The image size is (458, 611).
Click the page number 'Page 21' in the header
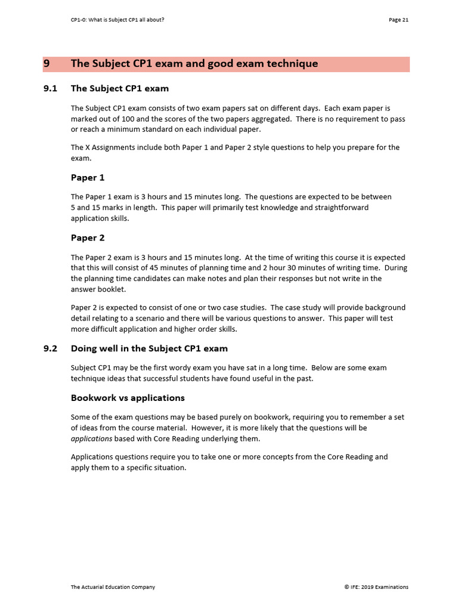click(x=398, y=20)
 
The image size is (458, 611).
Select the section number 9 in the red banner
click(x=47, y=64)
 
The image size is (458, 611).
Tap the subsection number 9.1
click(x=50, y=88)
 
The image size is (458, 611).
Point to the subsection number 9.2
click(x=50, y=348)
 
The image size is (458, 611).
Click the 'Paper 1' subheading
click(x=88, y=177)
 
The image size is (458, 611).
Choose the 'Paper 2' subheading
click(x=88, y=237)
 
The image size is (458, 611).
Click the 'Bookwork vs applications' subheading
click(x=128, y=397)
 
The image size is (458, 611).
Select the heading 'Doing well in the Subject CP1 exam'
click(x=149, y=348)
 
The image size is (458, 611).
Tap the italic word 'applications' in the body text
click(x=91, y=439)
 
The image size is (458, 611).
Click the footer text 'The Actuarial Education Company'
click(x=113, y=587)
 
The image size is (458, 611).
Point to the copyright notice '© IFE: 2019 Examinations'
click(x=376, y=587)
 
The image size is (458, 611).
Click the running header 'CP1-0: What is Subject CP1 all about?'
click(x=117, y=20)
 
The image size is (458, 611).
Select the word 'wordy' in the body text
click(x=178, y=368)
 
